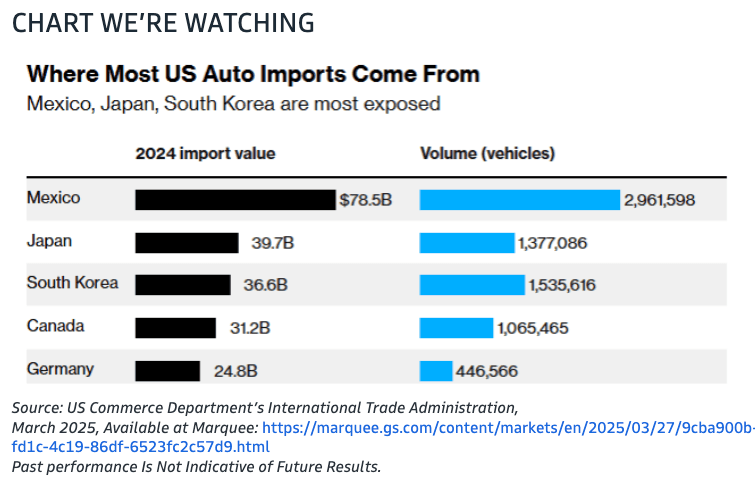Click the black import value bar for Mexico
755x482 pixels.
click(x=235, y=200)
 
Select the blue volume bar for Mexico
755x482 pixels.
click(x=520, y=200)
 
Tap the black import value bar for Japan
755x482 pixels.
click(x=187, y=243)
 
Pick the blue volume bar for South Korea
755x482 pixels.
click(x=472, y=285)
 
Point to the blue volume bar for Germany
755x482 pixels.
click(x=436, y=371)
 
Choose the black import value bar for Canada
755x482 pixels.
click(x=175, y=328)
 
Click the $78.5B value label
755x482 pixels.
click(x=366, y=200)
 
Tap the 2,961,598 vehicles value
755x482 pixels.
click(x=659, y=200)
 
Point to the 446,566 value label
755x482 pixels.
click(x=487, y=371)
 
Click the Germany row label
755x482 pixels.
click(x=60, y=369)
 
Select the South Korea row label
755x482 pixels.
click(x=72, y=283)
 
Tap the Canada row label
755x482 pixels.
click(x=56, y=326)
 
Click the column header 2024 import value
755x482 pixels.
click(x=205, y=153)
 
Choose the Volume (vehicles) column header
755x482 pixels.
click(x=487, y=153)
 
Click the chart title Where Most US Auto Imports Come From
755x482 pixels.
click(x=253, y=74)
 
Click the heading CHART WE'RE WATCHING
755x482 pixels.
click(x=163, y=22)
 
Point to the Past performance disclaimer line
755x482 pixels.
click(x=196, y=466)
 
